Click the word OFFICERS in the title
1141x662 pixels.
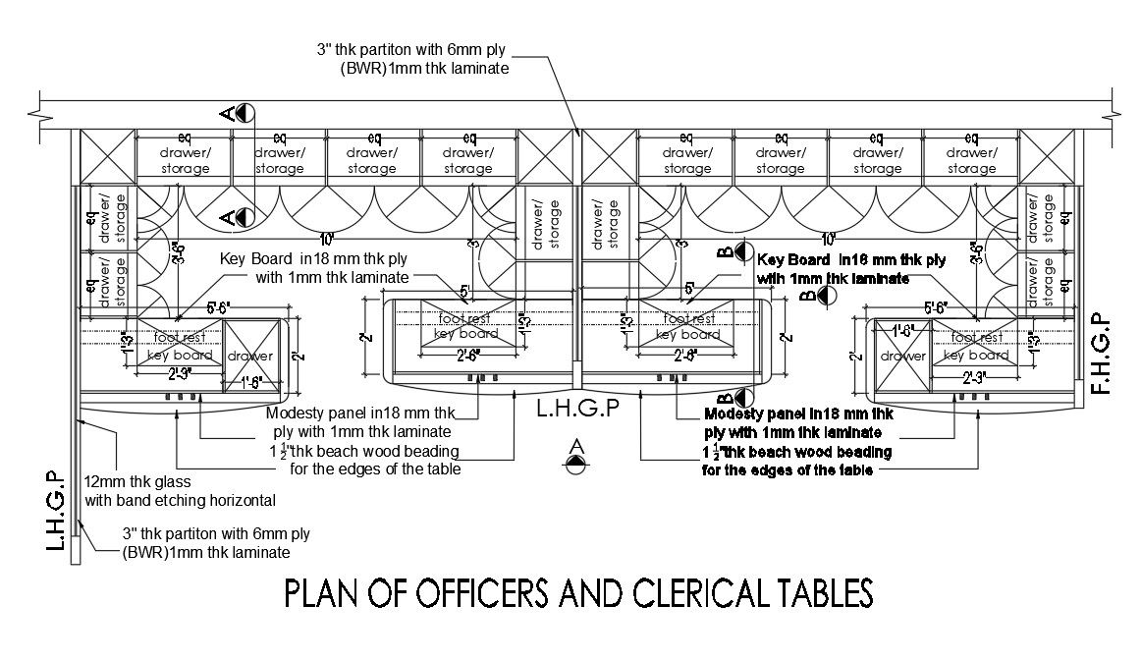click(440, 593)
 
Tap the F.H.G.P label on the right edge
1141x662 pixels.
click(1101, 354)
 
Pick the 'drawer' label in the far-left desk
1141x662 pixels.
click(250, 355)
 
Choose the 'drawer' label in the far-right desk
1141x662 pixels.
click(901, 355)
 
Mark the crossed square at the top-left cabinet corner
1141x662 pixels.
click(105, 155)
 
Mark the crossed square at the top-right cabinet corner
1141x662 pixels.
click(1048, 155)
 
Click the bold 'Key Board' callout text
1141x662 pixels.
click(851, 261)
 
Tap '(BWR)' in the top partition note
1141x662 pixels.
click(339, 67)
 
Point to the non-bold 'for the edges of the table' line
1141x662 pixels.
click(375, 469)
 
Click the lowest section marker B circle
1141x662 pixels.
click(740, 398)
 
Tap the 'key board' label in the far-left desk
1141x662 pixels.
click(180, 355)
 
